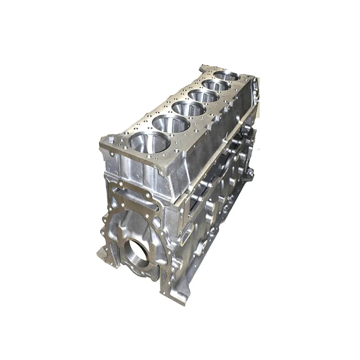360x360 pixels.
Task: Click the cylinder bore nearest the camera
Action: (149, 142)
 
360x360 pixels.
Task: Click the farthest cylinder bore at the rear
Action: (227, 76)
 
